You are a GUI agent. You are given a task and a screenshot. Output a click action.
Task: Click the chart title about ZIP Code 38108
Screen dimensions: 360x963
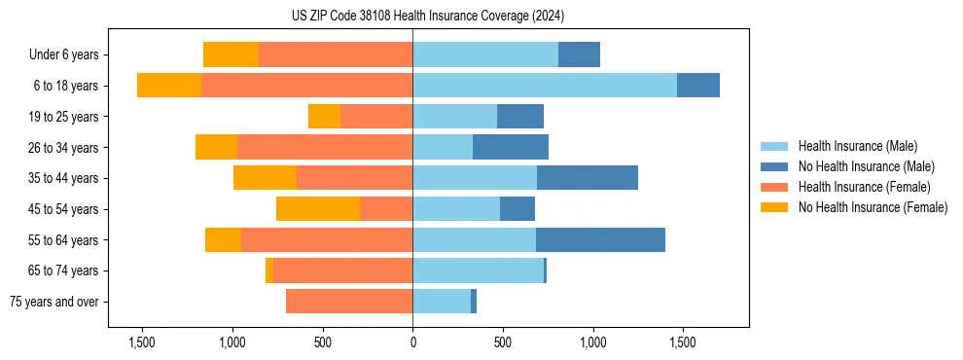pyautogui.click(x=427, y=16)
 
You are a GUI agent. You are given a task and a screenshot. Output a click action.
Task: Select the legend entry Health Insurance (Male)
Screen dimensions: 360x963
pyautogui.click(x=856, y=146)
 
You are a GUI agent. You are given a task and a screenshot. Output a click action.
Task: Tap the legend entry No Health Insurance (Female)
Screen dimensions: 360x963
pyautogui.click(x=873, y=207)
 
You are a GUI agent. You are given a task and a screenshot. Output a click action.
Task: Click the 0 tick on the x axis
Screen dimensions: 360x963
pyautogui.click(x=412, y=342)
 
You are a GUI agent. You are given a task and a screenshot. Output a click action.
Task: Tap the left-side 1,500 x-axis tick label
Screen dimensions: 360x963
pyautogui.click(x=142, y=342)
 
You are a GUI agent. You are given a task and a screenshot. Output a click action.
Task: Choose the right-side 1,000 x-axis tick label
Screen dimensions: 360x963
pyautogui.click(x=592, y=342)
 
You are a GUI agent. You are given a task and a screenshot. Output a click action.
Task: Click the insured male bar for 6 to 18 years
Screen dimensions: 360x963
pyautogui.click(x=545, y=86)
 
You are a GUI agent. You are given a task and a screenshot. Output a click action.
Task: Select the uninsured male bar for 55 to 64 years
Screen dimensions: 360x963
pyautogui.click(x=600, y=239)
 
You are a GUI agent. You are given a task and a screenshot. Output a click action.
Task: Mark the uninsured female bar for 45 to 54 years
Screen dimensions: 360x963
pyautogui.click(x=318, y=209)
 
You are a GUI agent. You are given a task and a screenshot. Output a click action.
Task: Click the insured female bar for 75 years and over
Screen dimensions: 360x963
pyautogui.click(x=349, y=302)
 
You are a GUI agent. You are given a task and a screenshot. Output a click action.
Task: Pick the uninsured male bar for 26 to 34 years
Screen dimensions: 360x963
pyautogui.click(x=511, y=147)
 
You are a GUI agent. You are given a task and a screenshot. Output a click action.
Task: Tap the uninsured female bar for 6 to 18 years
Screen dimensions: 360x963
pyautogui.click(x=169, y=86)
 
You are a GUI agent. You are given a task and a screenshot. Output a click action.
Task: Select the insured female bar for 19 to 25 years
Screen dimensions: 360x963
pyautogui.click(x=376, y=117)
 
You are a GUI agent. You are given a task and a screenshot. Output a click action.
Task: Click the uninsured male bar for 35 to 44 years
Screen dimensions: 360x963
pyautogui.click(x=588, y=178)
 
